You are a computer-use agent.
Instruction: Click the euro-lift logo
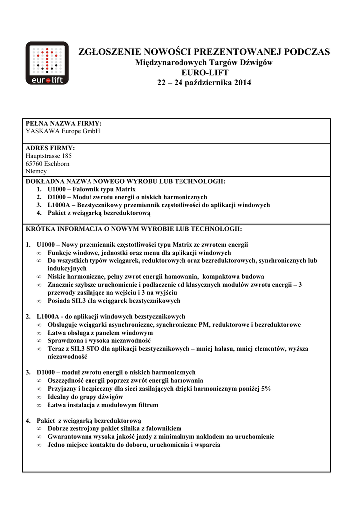click(x=47, y=63)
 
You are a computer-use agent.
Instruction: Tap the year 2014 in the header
click(x=241, y=82)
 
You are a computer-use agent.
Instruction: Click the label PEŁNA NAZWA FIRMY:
click(x=64, y=123)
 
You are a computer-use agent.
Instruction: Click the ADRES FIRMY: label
click(x=50, y=148)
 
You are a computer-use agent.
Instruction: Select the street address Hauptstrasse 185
click(x=49, y=156)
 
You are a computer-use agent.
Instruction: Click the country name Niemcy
click(x=36, y=171)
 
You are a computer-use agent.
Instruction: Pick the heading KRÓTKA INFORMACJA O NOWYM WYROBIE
click(x=134, y=229)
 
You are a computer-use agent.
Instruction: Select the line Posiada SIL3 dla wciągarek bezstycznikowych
click(x=114, y=301)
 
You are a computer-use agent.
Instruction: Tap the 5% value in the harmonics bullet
click(x=266, y=389)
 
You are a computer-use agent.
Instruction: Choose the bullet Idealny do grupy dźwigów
click(x=85, y=397)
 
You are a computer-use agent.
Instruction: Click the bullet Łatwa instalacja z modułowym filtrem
click(x=103, y=405)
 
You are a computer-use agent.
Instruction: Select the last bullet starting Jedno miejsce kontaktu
click(x=134, y=445)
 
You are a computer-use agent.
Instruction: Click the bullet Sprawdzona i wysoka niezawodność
click(x=99, y=340)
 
